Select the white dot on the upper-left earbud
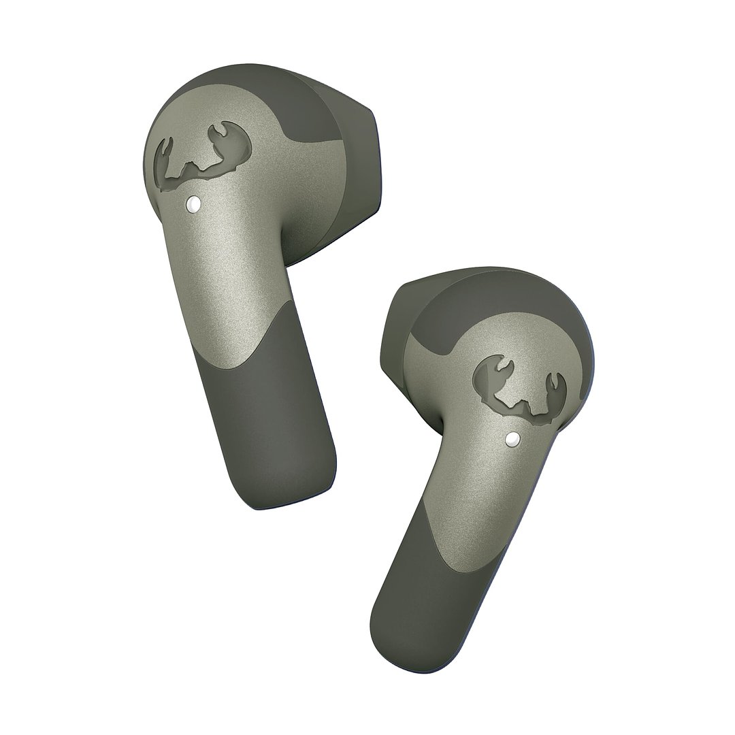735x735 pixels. [193, 203]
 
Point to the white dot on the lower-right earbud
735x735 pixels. [512, 441]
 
